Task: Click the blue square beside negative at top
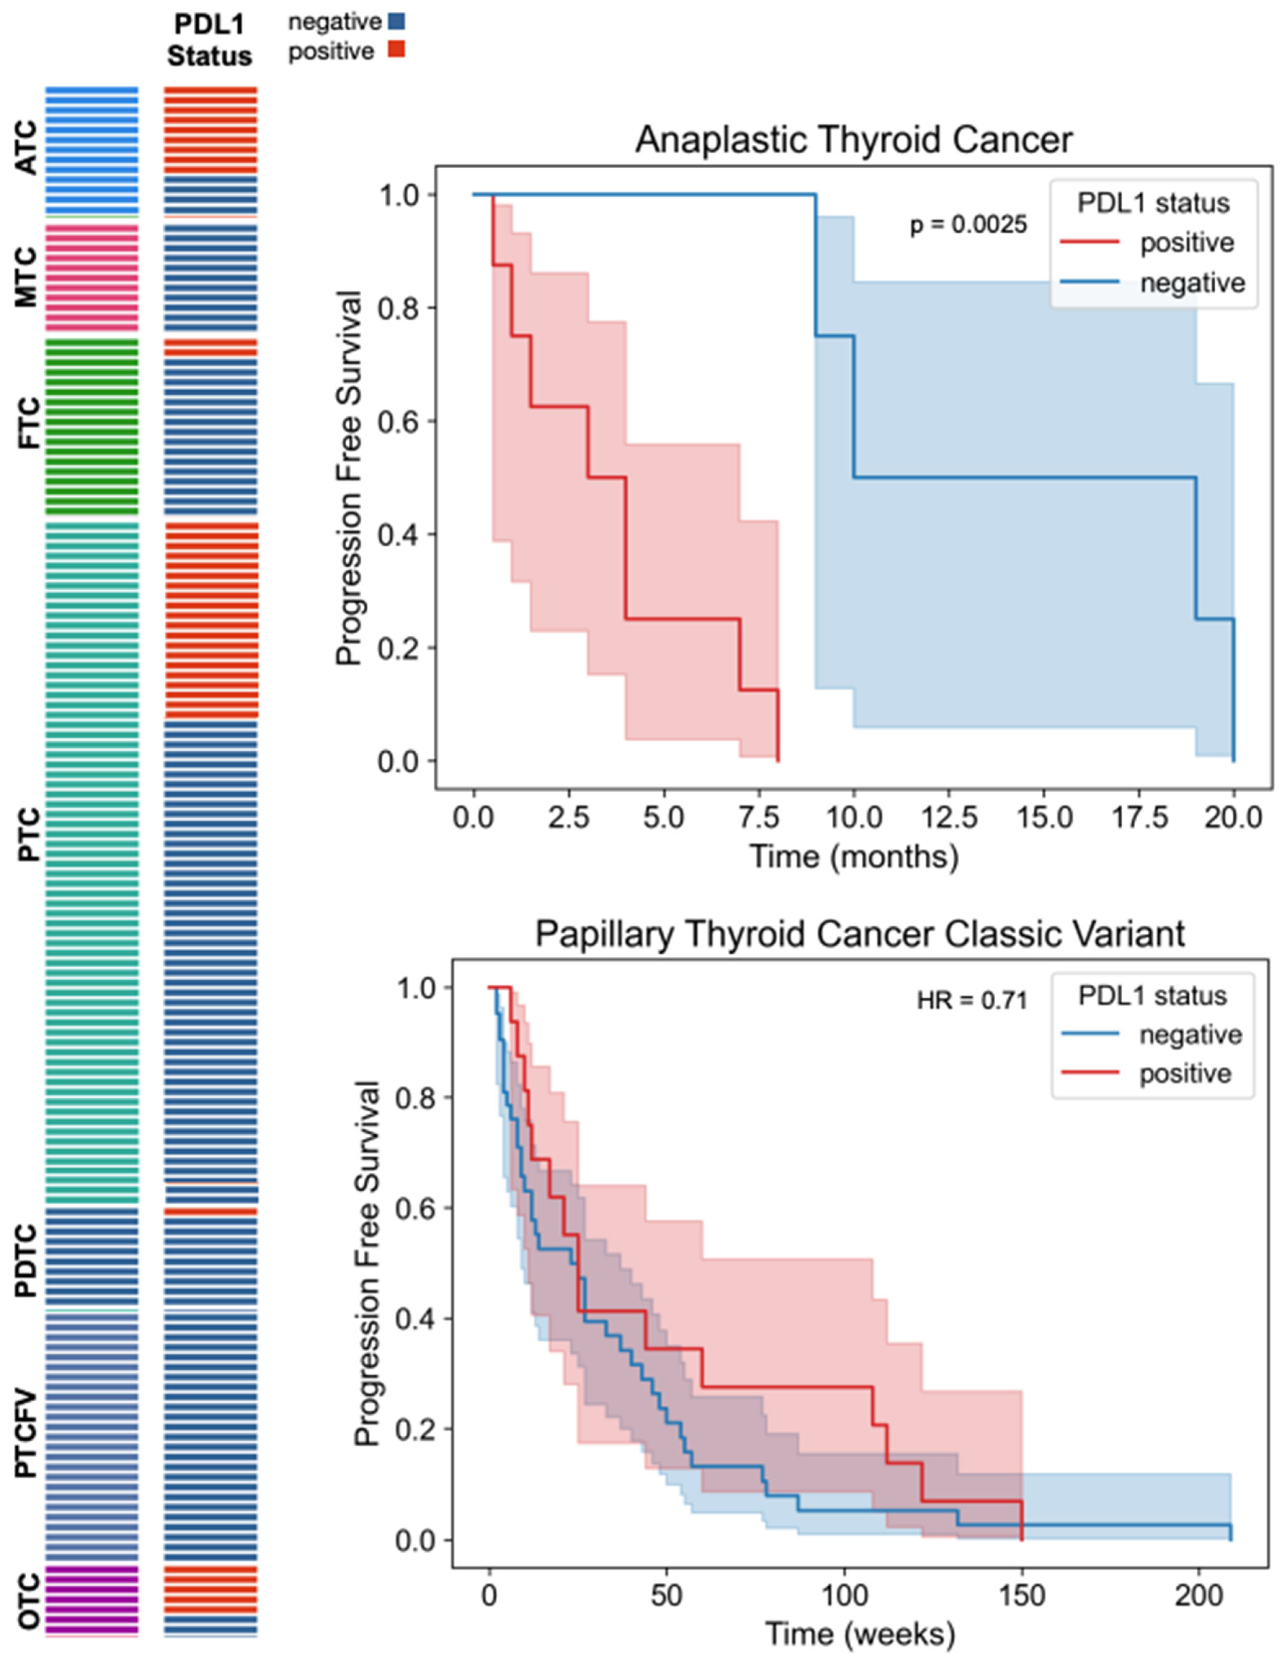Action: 397,21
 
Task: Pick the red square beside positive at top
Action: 397,50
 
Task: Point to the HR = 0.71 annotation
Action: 972,1000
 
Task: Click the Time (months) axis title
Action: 854,856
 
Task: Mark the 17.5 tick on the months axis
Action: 1139,818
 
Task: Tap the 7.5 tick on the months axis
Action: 759,818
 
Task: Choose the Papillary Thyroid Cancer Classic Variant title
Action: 860,933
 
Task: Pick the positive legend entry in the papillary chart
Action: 1185,1074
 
